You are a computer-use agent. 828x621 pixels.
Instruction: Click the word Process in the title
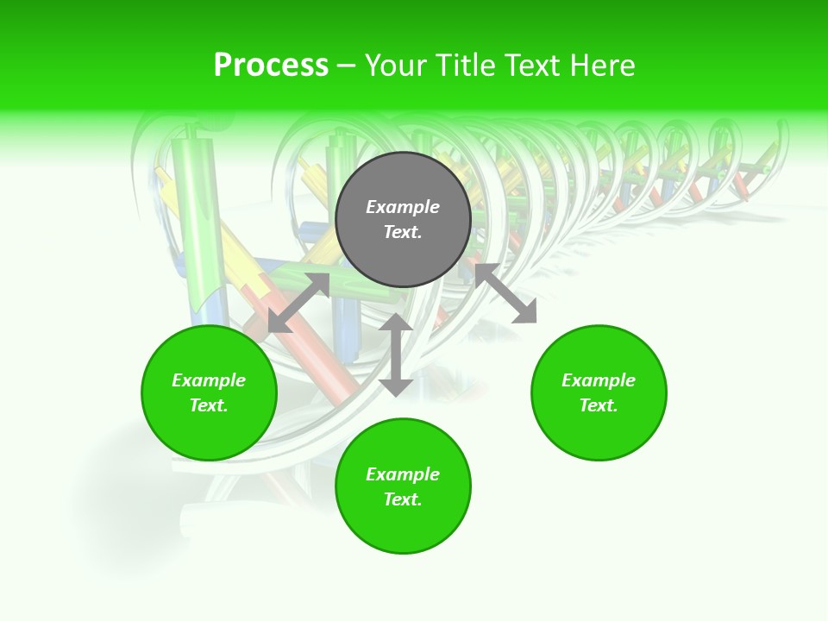(x=271, y=66)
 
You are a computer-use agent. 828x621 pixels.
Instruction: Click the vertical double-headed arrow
(x=396, y=354)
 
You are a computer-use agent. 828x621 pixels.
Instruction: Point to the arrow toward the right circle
(x=506, y=293)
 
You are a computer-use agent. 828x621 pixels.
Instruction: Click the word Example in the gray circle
(x=403, y=207)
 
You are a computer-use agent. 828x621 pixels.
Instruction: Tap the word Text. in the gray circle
(x=403, y=232)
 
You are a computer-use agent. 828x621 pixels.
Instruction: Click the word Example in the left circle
(x=209, y=380)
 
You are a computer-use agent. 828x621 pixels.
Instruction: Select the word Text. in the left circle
(x=209, y=405)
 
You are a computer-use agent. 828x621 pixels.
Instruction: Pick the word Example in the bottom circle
(x=403, y=474)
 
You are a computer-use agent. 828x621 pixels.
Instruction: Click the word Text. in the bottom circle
(x=403, y=499)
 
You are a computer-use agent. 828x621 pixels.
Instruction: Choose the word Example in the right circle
(x=599, y=380)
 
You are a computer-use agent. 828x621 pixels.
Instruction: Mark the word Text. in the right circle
(x=599, y=405)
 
